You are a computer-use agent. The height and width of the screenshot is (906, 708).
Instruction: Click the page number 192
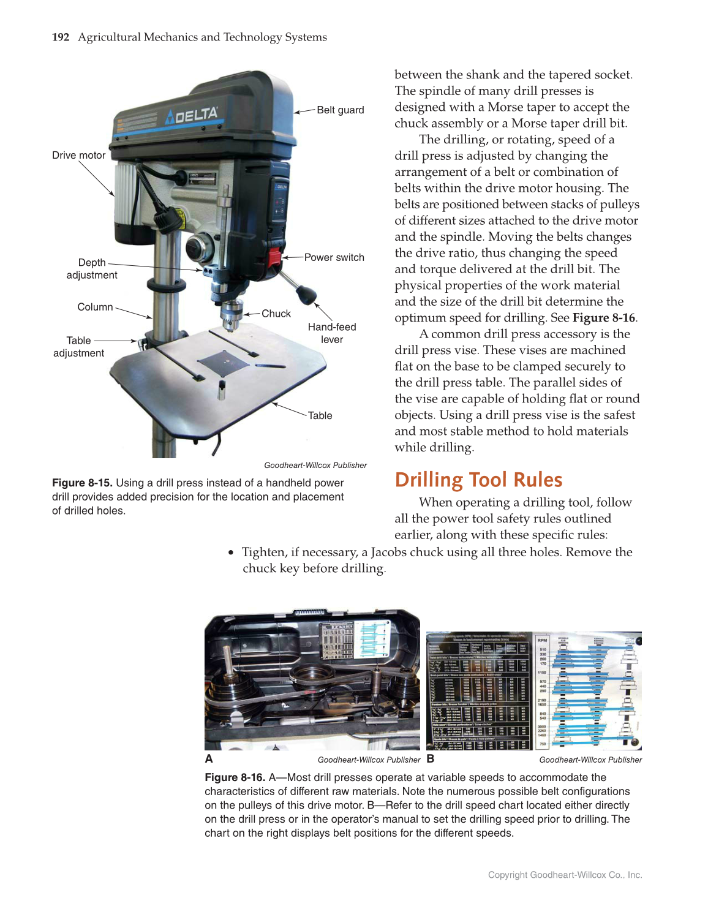[61, 37]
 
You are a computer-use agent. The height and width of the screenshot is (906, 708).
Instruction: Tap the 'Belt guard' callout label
[340, 110]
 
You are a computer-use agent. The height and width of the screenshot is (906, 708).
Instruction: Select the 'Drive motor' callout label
[78, 156]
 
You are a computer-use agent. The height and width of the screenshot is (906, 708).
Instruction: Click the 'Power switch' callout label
[334, 258]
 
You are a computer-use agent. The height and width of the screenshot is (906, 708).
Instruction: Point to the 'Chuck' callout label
[276, 314]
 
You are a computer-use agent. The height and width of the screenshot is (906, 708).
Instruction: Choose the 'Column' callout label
[95, 307]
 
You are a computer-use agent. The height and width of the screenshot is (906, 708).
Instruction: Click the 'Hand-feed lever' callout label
[332, 333]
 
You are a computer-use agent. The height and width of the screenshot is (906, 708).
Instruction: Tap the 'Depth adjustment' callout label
[92, 269]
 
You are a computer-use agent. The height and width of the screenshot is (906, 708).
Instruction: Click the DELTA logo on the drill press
[192, 115]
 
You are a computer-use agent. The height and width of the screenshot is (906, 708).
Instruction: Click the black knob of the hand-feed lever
[306, 295]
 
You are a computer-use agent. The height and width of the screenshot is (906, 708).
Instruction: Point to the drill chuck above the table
[231, 314]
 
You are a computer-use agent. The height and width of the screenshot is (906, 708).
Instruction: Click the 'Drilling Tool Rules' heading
[478, 480]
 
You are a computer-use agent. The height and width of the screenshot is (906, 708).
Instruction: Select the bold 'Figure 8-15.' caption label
[82, 483]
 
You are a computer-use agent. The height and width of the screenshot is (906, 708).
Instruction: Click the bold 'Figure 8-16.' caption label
[235, 777]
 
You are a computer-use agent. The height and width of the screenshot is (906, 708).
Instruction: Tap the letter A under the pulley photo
[209, 759]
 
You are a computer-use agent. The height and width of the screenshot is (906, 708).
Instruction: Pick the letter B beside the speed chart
[431, 759]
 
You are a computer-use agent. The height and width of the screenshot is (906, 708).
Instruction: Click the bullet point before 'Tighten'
[231, 553]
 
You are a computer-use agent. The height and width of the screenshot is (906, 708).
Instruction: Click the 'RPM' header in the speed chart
[542, 640]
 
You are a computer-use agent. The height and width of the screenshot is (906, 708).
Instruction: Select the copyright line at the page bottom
[565, 875]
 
